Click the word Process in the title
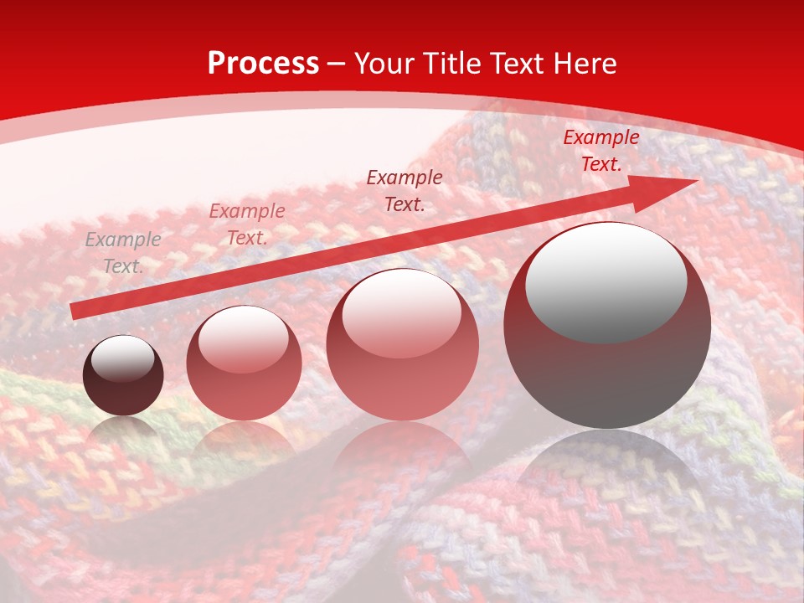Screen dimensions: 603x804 click(263, 64)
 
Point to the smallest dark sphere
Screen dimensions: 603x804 click(123, 375)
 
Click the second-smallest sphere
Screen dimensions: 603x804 click(244, 363)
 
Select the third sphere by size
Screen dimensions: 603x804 click(403, 344)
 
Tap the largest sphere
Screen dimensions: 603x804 click(607, 325)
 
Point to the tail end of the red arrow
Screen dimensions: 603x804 click(75, 311)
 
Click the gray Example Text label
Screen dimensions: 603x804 click(123, 253)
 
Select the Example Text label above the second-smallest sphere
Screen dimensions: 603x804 click(247, 224)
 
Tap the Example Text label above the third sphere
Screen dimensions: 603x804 click(405, 190)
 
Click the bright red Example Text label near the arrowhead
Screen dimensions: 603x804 click(600, 151)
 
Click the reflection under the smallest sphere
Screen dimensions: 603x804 click(123, 427)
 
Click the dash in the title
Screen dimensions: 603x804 click(337, 64)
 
